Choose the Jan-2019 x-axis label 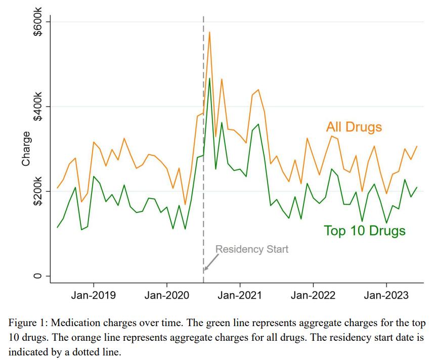click(94, 295)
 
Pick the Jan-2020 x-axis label click(166, 295)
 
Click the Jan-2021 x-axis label click(240, 295)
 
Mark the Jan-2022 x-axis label click(313, 295)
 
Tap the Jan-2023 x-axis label click(386, 295)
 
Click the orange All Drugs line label click(354, 126)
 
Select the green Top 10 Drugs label click(365, 231)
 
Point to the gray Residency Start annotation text click(252, 249)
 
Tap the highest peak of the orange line click(209, 32)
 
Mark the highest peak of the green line click(209, 78)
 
